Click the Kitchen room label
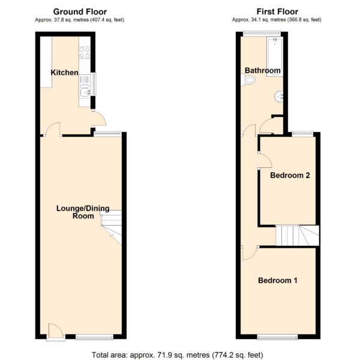tap(64, 73)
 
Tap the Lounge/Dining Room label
tap(83, 212)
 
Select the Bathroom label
tap(262, 70)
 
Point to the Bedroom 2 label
tap(290, 175)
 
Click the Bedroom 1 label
tap(278, 280)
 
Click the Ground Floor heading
tap(80, 12)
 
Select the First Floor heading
tap(277, 11)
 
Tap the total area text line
tap(178, 355)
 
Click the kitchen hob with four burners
tap(85, 53)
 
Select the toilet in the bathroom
tap(248, 80)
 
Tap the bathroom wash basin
tap(279, 97)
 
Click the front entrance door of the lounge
tap(55, 331)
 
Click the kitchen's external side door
tap(99, 118)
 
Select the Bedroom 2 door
tap(265, 160)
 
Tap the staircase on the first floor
tap(298, 236)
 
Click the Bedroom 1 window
tap(277, 337)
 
